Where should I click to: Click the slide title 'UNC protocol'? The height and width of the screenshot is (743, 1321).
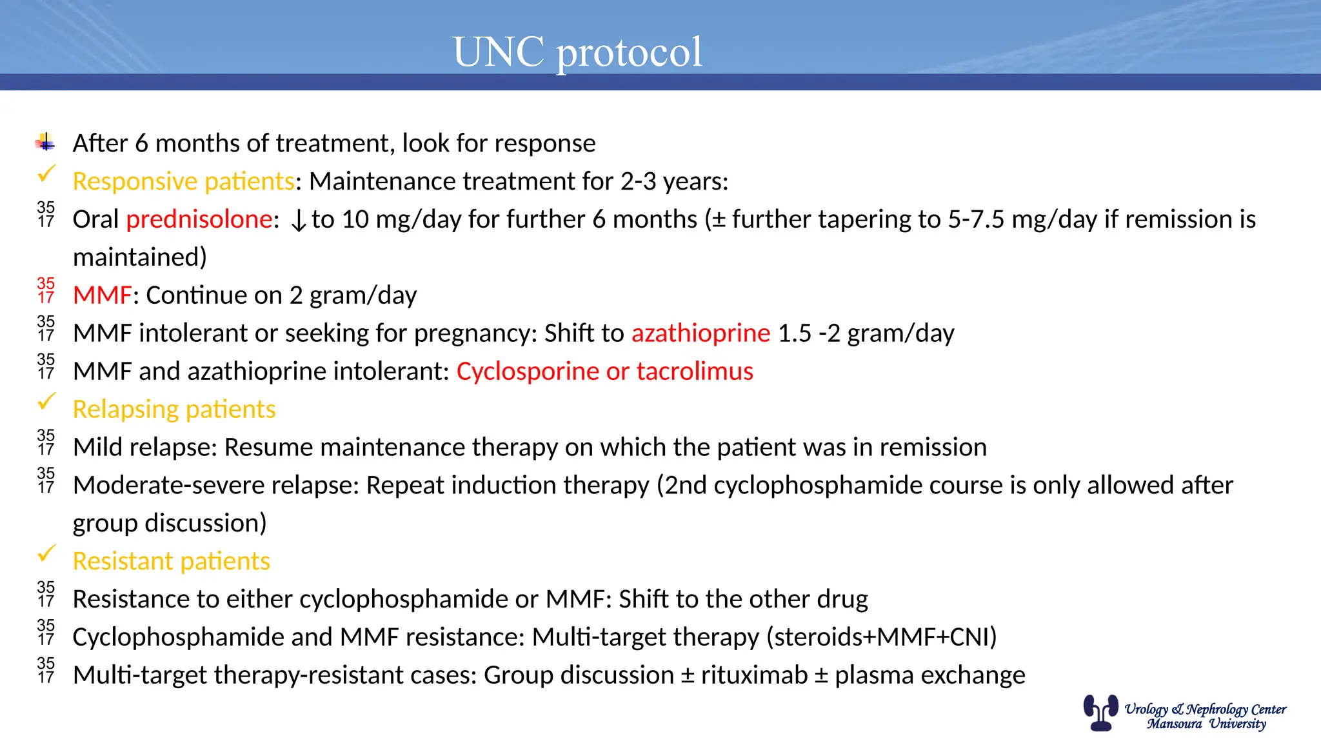(x=577, y=52)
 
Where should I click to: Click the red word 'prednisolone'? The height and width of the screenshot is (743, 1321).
(x=199, y=220)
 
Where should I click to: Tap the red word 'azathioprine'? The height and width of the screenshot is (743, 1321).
(x=700, y=333)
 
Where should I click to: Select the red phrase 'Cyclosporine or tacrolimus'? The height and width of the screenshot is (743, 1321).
(x=604, y=371)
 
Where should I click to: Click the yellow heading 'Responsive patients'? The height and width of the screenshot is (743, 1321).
(x=183, y=182)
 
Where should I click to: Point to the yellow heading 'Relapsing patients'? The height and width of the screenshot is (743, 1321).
(x=174, y=410)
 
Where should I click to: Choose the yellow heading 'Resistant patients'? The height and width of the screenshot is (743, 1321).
(x=171, y=561)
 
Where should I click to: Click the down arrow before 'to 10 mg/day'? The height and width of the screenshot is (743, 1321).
(x=298, y=221)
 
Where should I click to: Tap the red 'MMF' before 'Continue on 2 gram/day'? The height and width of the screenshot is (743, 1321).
(x=102, y=295)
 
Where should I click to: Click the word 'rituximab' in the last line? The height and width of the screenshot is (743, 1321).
(x=754, y=675)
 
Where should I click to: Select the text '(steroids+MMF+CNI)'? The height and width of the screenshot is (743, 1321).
(x=881, y=637)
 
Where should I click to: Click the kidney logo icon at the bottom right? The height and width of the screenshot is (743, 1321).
(x=1100, y=712)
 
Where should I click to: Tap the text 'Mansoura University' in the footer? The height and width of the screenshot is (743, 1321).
(x=1206, y=724)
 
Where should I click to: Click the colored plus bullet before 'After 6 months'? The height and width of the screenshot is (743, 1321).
(x=45, y=142)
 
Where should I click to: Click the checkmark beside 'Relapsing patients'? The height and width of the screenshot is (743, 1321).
(x=46, y=402)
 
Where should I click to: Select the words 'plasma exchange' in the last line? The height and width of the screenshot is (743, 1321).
(x=929, y=675)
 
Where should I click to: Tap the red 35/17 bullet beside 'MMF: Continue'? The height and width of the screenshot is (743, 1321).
(x=46, y=290)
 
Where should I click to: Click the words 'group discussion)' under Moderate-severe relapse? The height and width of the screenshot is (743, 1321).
(x=170, y=523)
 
